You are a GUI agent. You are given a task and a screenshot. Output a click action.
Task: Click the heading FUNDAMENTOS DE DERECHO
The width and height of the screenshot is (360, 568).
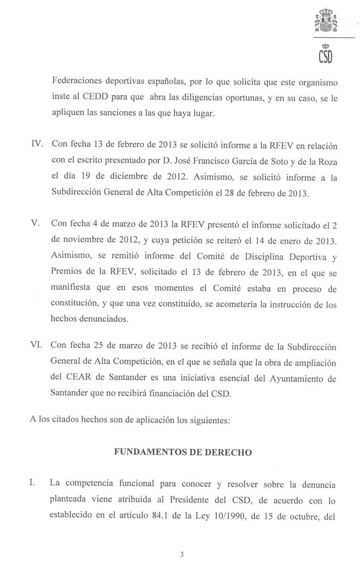pos(183,452)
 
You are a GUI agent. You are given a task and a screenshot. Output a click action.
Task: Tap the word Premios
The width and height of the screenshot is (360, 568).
pos(65,273)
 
